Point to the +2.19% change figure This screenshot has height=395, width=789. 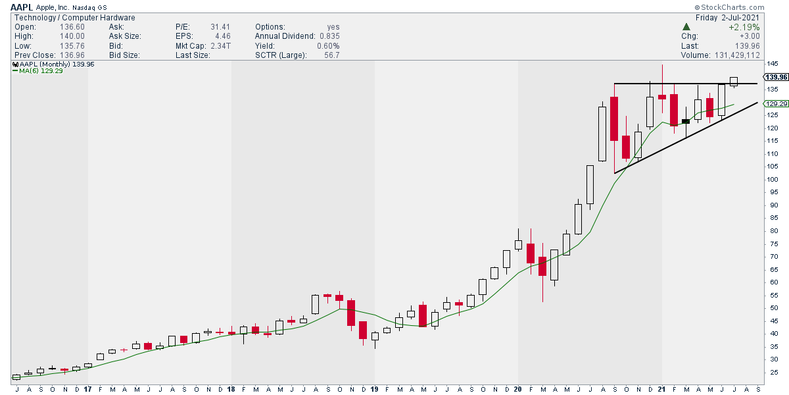[746, 27]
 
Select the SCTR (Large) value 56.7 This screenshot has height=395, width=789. [329, 55]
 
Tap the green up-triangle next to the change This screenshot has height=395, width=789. [686, 27]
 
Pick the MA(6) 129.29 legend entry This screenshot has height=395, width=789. [41, 71]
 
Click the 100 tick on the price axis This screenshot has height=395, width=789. [772, 179]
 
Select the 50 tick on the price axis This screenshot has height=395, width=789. [770, 308]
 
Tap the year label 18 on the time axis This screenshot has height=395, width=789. [231, 389]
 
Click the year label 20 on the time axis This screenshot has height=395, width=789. [518, 389]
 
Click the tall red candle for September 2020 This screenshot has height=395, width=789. [614, 118]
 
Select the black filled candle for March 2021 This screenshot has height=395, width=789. [686, 121]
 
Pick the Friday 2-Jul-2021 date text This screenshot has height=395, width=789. [729, 18]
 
